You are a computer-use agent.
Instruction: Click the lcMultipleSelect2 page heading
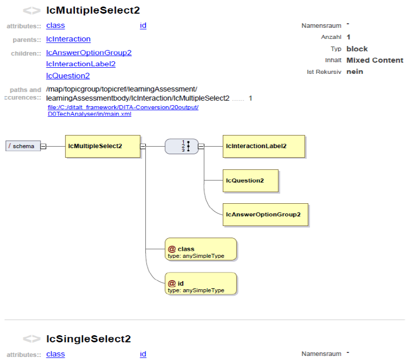pyautogui.click(x=93, y=10)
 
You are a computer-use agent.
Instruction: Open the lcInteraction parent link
pyautogui.click(x=68, y=39)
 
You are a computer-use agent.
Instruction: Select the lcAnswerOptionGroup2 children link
pyautogui.click(x=89, y=53)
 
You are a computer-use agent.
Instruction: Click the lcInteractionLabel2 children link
pyautogui.click(x=80, y=64)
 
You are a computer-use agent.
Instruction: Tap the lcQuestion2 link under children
pyautogui.click(x=68, y=76)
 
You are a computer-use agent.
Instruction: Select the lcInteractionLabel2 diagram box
pyautogui.click(x=263, y=146)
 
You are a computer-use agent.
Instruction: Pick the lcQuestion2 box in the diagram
pyautogui.click(x=250, y=181)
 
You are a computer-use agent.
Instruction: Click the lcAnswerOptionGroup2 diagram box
pyautogui.click(x=265, y=214)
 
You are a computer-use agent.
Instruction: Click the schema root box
pyautogui.click(x=23, y=146)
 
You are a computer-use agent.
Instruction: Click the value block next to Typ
pyautogui.click(x=357, y=49)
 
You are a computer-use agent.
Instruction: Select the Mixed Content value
pyautogui.click(x=375, y=60)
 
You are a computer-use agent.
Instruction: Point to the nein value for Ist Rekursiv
pyautogui.click(x=354, y=72)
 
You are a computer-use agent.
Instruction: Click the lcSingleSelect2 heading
pyautogui.click(x=88, y=339)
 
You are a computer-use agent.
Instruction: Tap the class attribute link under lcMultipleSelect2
pyautogui.click(x=55, y=25)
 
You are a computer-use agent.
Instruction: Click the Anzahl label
pyautogui.click(x=331, y=37)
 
